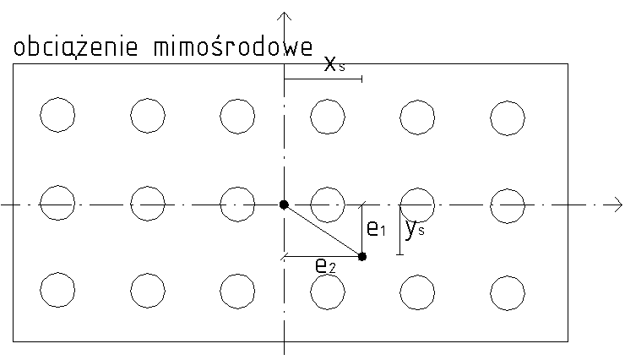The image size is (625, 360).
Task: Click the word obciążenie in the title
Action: pos(78,48)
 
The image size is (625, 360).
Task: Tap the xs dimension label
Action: pos(335,64)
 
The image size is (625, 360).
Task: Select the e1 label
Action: pos(376,228)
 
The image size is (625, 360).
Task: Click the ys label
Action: pos(413,229)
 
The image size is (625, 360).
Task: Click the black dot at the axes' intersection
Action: pos(285,205)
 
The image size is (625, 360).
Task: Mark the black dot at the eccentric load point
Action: pos(362,256)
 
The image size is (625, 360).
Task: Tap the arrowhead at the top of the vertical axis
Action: pos(285,15)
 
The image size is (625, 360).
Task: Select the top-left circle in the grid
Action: pos(57,116)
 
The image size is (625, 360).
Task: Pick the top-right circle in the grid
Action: pos(508,116)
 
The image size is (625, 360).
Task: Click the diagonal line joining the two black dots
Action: pos(323,231)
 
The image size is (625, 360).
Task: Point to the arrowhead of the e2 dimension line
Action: pos(288,256)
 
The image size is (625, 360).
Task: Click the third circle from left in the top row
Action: pos(237,116)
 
